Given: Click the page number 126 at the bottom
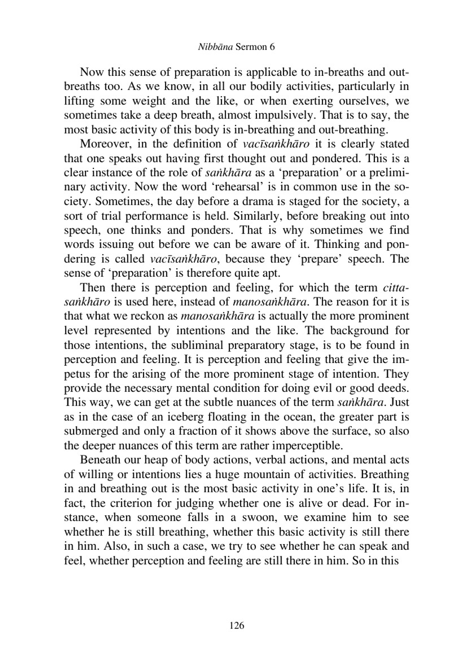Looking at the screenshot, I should [x=237, y=626].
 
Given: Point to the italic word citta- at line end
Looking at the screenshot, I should [x=395, y=288].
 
